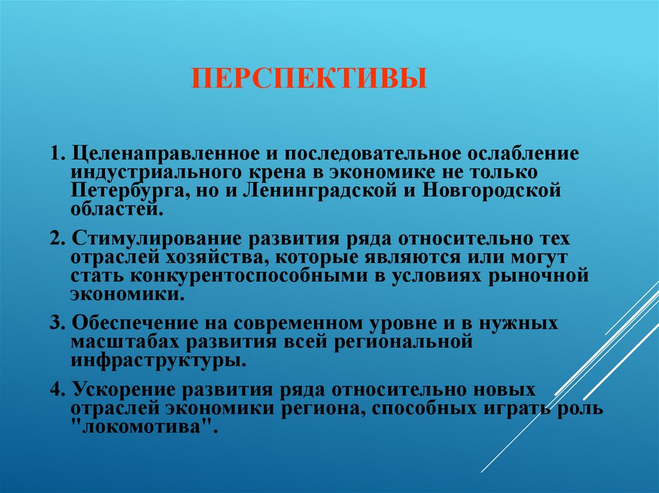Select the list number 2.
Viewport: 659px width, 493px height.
pos(57,238)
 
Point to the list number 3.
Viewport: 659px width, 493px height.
pos(57,323)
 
